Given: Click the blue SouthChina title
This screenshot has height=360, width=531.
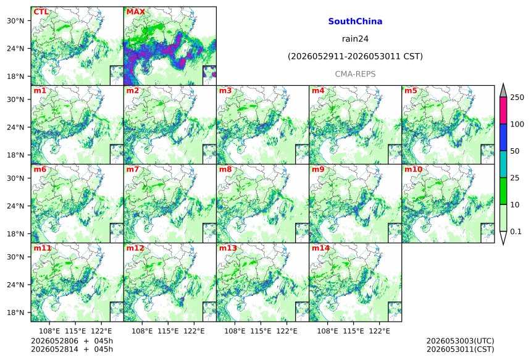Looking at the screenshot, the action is coord(355,22).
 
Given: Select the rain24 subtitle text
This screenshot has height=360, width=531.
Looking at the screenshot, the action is coord(355,39).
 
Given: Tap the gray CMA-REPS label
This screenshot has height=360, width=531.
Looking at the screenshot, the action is coord(355,74).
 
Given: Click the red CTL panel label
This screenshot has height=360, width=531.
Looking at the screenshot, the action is coord(41,12).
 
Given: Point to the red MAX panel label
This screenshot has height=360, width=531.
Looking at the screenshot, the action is coord(135,12).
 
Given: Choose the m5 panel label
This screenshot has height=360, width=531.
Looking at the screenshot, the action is coord(411,91).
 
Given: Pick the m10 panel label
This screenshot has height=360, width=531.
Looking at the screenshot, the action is coord(413,169).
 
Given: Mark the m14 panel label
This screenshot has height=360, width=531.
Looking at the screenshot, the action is coord(320,248).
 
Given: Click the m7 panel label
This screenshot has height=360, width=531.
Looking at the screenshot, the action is coord(133,169).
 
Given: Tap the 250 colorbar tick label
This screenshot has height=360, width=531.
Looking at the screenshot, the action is coord(517,98).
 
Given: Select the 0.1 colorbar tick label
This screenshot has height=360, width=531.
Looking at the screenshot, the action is coord(516,232).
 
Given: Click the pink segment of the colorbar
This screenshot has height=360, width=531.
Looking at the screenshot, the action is coord(503,111).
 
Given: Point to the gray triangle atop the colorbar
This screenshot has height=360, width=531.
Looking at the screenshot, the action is coord(503,91).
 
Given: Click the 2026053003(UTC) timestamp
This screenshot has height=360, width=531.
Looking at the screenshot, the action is coord(460,341).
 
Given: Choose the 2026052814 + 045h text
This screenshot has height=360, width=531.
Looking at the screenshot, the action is coord(72,349).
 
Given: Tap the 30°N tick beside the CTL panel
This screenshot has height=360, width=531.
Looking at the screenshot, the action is coord(15,20).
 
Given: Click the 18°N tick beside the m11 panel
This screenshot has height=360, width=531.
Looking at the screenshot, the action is coord(15,312).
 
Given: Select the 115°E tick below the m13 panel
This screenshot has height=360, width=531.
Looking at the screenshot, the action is coord(261,330).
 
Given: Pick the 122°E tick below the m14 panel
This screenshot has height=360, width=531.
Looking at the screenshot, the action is coord(379,330).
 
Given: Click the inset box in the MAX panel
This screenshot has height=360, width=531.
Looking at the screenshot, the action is coord(209,75).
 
